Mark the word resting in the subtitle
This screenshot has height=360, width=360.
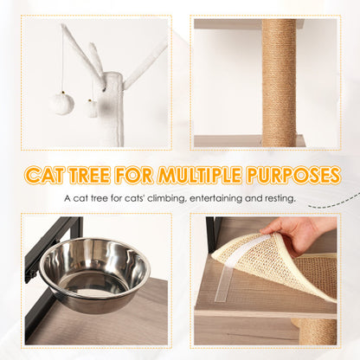click(277, 199)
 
